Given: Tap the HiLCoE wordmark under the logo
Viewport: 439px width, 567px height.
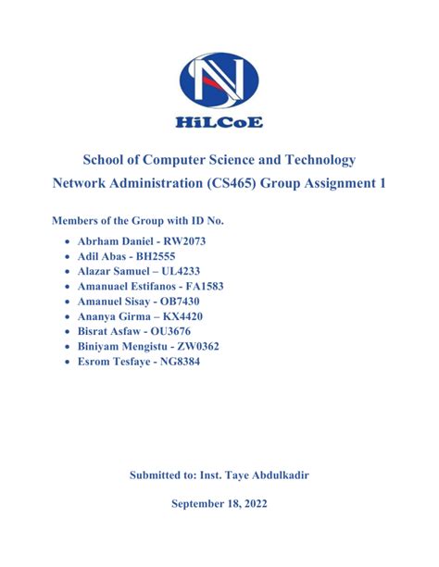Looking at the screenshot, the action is [220, 121].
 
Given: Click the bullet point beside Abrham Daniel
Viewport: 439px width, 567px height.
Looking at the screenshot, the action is [68, 240].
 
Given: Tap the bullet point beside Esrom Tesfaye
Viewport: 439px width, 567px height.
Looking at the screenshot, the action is [68, 363].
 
